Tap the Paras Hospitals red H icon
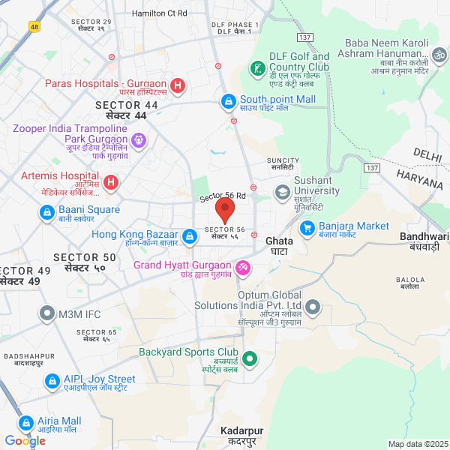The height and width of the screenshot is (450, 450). pyautogui.click(x=178, y=85)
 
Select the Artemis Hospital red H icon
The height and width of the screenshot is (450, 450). pyautogui.click(x=110, y=181)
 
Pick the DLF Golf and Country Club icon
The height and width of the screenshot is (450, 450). pyautogui.click(x=257, y=69)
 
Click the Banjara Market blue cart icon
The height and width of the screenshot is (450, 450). pyautogui.click(x=307, y=227)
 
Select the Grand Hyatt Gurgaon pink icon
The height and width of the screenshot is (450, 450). pyautogui.click(x=242, y=267)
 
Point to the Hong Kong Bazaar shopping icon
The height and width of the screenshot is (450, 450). pyautogui.click(x=190, y=236)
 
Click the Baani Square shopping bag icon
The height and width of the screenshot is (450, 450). pyautogui.click(x=47, y=213)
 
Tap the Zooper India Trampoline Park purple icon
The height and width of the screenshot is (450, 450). pyautogui.click(x=138, y=139)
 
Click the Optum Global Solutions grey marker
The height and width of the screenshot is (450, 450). pyautogui.click(x=313, y=307)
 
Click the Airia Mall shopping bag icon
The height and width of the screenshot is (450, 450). pyautogui.click(x=26, y=423)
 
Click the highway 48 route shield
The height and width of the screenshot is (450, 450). pyautogui.click(x=34, y=27)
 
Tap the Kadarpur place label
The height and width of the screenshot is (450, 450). pyautogui.click(x=242, y=431)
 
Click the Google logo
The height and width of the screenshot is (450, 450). pyautogui.click(x=25, y=441)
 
